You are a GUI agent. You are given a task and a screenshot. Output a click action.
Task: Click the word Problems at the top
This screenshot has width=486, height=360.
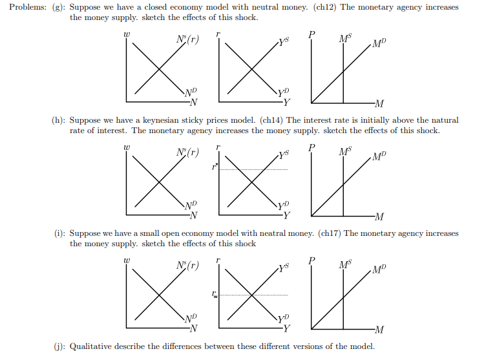tap(25, 8)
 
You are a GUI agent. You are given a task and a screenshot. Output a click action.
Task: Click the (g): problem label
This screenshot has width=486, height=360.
tap(59, 8)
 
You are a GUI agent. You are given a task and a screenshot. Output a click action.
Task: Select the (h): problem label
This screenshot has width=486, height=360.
tap(59, 120)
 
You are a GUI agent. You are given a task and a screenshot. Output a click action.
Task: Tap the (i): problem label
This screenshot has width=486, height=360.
tap(58, 233)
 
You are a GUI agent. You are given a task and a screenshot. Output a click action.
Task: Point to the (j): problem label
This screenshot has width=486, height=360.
tap(59, 346)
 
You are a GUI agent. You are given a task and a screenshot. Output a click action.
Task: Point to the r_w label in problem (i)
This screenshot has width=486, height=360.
tap(215, 295)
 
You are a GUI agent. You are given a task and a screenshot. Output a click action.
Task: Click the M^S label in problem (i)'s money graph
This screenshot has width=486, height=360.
tap(345, 264)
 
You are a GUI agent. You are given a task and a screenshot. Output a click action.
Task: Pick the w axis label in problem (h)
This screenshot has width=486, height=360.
tap(127, 149)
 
